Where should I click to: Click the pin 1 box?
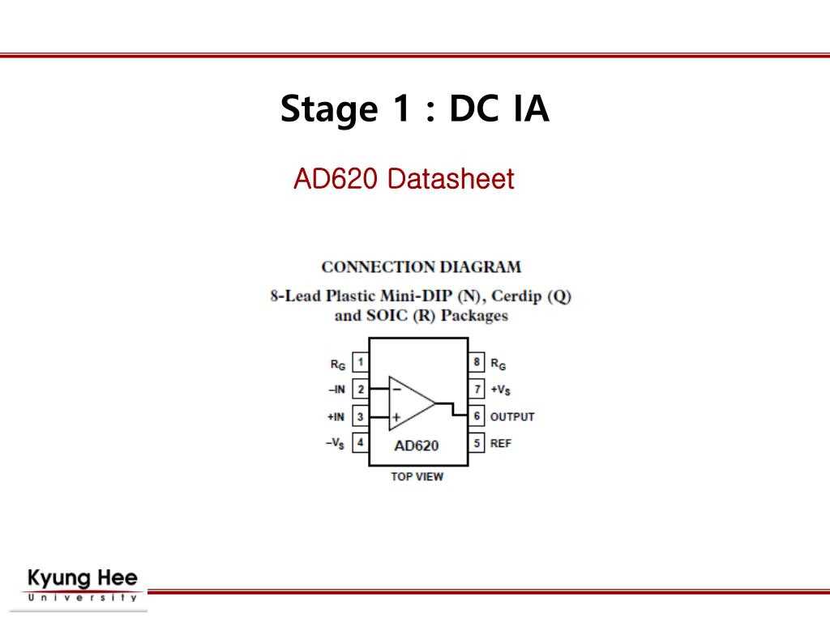click(360, 363)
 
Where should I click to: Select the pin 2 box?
click(360, 390)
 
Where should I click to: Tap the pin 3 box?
click(360, 416)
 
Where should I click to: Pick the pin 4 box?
click(360, 443)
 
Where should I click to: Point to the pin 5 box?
click(477, 443)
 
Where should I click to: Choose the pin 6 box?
click(477, 416)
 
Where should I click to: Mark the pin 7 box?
click(477, 390)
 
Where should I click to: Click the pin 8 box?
click(477, 363)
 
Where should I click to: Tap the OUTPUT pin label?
click(512, 417)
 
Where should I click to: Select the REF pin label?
click(501, 444)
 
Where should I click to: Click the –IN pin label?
click(336, 390)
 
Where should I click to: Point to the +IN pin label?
click(336, 417)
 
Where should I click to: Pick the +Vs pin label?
click(501, 390)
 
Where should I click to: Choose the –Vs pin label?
click(335, 444)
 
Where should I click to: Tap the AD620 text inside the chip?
click(417, 445)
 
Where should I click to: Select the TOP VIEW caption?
click(417, 476)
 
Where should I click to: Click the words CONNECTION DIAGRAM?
click(421, 266)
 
